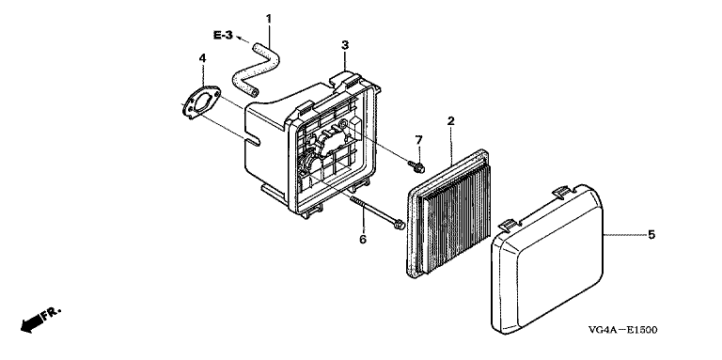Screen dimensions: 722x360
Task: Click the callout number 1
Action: pyautogui.click(x=269, y=19)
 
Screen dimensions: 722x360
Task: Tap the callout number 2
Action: pyautogui.click(x=451, y=121)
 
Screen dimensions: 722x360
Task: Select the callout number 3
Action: pyautogui.click(x=345, y=45)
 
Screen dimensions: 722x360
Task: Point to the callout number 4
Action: pyautogui.click(x=203, y=58)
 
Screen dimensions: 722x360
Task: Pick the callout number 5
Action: pyautogui.click(x=651, y=235)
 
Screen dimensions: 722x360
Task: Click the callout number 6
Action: pyautogui.click(x=363, y=240)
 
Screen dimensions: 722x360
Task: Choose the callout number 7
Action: pyautogui.click(x=418, y=139)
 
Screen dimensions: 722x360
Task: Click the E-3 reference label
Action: pyautogui.click(x=224, y=35)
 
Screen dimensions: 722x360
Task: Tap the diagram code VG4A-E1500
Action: pyautogui.click(x=622, y=330)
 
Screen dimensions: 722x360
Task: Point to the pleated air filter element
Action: pyautogui.click(x=448, y=214)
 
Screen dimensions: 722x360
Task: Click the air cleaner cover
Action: pyautogui.click(x=547, y=259)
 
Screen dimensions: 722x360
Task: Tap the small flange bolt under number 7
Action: pyautogui.click(x=416, y=166)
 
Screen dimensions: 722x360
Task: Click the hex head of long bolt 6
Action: pyautogui.click(x=400, y=225)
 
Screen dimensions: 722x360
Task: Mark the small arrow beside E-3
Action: pyautogui.click(x=243, y=39)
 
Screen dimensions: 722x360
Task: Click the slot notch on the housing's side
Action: pyautogui.click(x=253, y=139)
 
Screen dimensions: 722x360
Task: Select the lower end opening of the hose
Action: pyautogui.click(x=254, y=93)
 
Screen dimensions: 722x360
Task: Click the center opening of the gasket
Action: pyautogui.click(x=202, y=102)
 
